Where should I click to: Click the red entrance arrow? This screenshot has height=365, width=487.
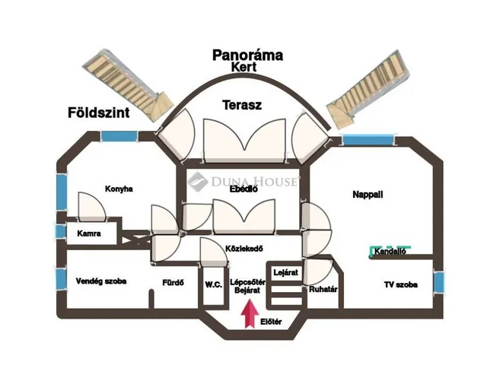coord(247,313)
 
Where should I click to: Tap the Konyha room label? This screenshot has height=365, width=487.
coord(119,189)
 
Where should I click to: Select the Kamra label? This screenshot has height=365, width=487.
coord(89,234)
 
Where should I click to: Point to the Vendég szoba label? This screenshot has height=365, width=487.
coord(101,281)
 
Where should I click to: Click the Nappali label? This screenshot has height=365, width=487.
coord(368,195)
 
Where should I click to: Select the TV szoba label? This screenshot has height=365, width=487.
coord(399,284)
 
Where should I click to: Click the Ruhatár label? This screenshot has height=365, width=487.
coord(323,289)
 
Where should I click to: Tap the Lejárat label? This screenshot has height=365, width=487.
coord(285,271)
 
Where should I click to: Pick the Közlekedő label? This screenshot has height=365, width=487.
coord(244,249)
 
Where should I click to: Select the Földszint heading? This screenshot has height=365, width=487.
coord(97,114)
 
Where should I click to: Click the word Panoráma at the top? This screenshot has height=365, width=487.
coord(247,55)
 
